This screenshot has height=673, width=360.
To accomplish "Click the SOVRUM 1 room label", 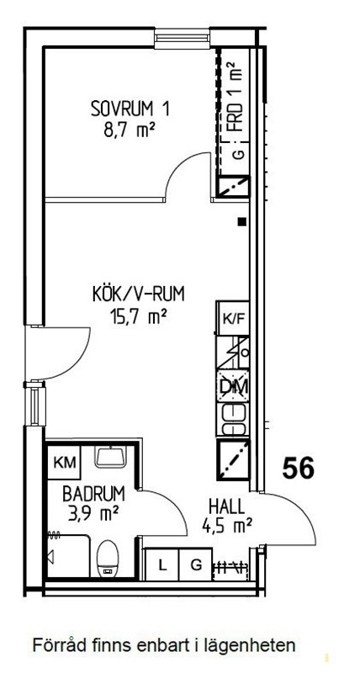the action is (130, 109).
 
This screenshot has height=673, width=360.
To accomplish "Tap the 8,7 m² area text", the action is (130, 130).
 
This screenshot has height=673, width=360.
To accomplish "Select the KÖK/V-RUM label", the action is (138, 295).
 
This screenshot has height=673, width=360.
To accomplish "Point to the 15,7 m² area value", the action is (138, 317).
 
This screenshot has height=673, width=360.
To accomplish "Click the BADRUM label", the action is (94, 494).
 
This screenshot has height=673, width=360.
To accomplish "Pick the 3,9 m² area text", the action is (93, 513).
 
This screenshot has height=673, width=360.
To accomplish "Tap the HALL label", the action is (226, 506).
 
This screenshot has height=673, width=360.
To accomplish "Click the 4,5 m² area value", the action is (226, 525).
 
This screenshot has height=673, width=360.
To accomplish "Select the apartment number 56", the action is (299, 468).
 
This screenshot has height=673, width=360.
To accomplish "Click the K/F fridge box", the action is (233, 318).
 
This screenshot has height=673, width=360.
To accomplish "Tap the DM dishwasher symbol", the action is (233, 386).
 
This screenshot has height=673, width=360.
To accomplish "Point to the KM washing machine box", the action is (63, 463).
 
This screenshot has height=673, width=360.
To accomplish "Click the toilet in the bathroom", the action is (108, 559).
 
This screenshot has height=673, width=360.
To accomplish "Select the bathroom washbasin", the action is (111, 456).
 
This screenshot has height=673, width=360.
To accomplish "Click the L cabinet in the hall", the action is (162, 565).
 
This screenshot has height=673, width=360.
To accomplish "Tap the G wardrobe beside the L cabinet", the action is (196, 565).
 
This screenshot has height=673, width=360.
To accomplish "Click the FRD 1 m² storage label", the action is (236, 97).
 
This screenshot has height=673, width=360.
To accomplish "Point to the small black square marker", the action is (242, 221).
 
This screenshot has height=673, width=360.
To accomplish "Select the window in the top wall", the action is (183, 38).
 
